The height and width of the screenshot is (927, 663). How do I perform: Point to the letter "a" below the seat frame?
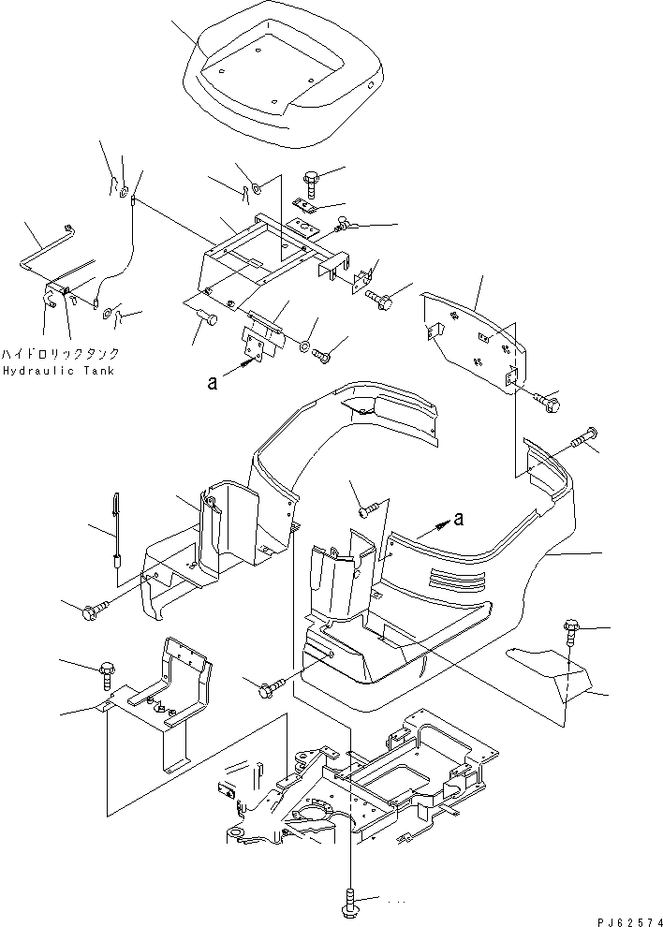pos(214,380)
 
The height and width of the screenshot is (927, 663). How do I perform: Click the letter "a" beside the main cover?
pos(457,518)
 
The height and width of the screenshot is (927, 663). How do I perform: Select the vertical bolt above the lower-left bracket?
pos(105,671)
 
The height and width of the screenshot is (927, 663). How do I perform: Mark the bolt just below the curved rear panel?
pos(549,403)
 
